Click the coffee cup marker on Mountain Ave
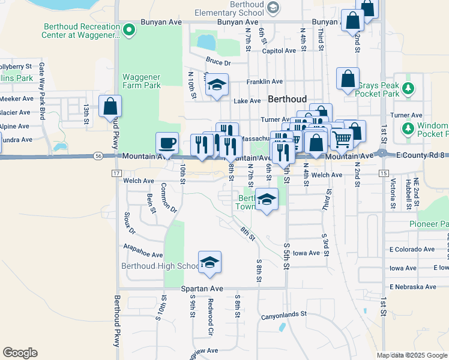(x=167, y=143)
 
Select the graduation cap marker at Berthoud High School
(x=209, y=262)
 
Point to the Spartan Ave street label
(x=202, y=289)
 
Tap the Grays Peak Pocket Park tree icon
(x=408, y=89)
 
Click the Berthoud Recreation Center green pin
(x=127, y=28)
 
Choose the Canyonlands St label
(x=283, y=314)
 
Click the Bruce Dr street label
(x=218, y=62)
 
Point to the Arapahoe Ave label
(x=143, y=254)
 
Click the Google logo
(x=20, y=352)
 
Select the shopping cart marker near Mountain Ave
(x=342, y=139)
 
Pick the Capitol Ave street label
(x=279, y=51)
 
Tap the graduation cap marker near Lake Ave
(x=217, y=85)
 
